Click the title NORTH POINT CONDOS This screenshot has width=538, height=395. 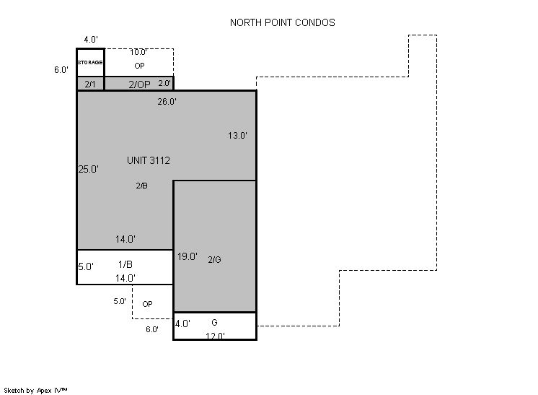283,22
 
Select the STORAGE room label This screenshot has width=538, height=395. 90,62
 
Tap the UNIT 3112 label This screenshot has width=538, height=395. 149,160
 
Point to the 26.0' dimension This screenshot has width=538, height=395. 167,102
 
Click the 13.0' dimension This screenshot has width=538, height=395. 237,136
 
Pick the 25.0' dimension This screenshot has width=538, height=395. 89,169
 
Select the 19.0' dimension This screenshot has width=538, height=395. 187,256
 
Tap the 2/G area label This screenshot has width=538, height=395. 214,260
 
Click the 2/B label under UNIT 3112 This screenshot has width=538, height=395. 141,186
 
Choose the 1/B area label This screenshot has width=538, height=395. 125,264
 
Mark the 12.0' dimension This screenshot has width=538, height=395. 215,336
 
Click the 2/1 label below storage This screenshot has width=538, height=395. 90,84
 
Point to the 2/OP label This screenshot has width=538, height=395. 139,84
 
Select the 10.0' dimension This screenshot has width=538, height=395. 138,52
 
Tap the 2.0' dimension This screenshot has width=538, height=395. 164,83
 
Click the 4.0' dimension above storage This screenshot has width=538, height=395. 91,40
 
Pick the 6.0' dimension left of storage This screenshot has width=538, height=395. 61,70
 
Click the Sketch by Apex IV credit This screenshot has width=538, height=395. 35,390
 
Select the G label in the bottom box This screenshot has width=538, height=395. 214,323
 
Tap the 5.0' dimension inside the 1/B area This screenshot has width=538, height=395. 86,266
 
